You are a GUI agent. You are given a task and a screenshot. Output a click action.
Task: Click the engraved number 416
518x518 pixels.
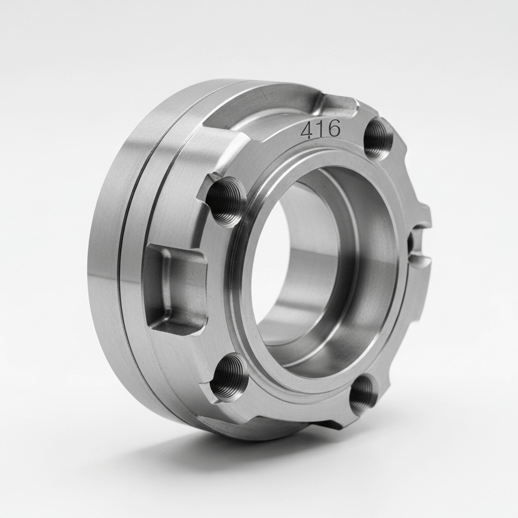click(320, 129)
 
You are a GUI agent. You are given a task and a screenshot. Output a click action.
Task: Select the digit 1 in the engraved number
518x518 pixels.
click(320, 129)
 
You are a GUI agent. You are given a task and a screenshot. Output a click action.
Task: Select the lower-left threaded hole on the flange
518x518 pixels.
click(229, 376)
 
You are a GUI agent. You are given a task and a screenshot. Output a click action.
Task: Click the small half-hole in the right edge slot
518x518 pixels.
click(411, 244)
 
